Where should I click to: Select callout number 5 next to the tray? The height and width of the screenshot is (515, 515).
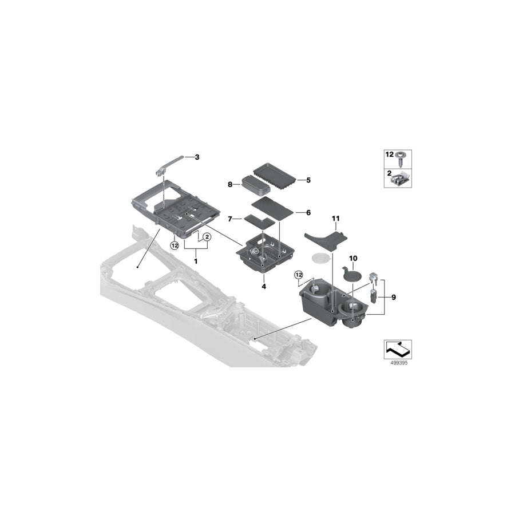point(308,180)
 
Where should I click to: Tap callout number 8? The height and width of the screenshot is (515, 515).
point(230,185)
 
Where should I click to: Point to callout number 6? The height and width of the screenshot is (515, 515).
point(308,212)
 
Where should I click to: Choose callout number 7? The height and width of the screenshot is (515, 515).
point(230,219)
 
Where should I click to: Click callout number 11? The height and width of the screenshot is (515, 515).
point(335,219)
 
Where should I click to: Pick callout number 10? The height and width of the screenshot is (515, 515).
point(352,259)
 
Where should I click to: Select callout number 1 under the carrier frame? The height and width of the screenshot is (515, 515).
point(196,260)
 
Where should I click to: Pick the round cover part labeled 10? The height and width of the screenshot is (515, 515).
point(350,276)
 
